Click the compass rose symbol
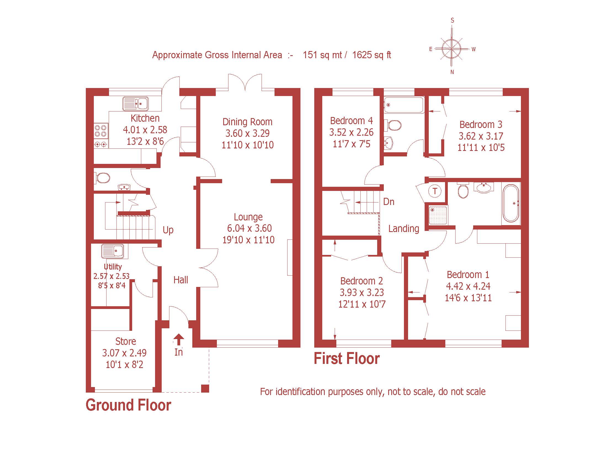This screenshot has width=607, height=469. point(452,49)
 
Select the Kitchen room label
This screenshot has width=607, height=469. point(145,118)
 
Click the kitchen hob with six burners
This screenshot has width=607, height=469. point(101,136)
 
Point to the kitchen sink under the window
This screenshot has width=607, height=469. point(136,104)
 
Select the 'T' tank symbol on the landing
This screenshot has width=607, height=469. point(435,191)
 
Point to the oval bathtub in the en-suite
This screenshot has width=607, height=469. point(511,203)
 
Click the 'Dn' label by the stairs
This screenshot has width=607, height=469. point(388,202)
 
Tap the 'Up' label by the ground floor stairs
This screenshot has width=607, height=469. point(168,230)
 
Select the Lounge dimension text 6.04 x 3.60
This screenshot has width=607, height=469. point(249,228)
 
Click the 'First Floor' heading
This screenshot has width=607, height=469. point(347,359)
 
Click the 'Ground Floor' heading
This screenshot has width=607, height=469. point(128,405)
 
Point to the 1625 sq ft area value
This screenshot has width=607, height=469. point(372,55)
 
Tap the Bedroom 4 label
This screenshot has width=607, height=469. point(351,121)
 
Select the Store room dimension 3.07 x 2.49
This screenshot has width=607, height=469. point(124,353)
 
